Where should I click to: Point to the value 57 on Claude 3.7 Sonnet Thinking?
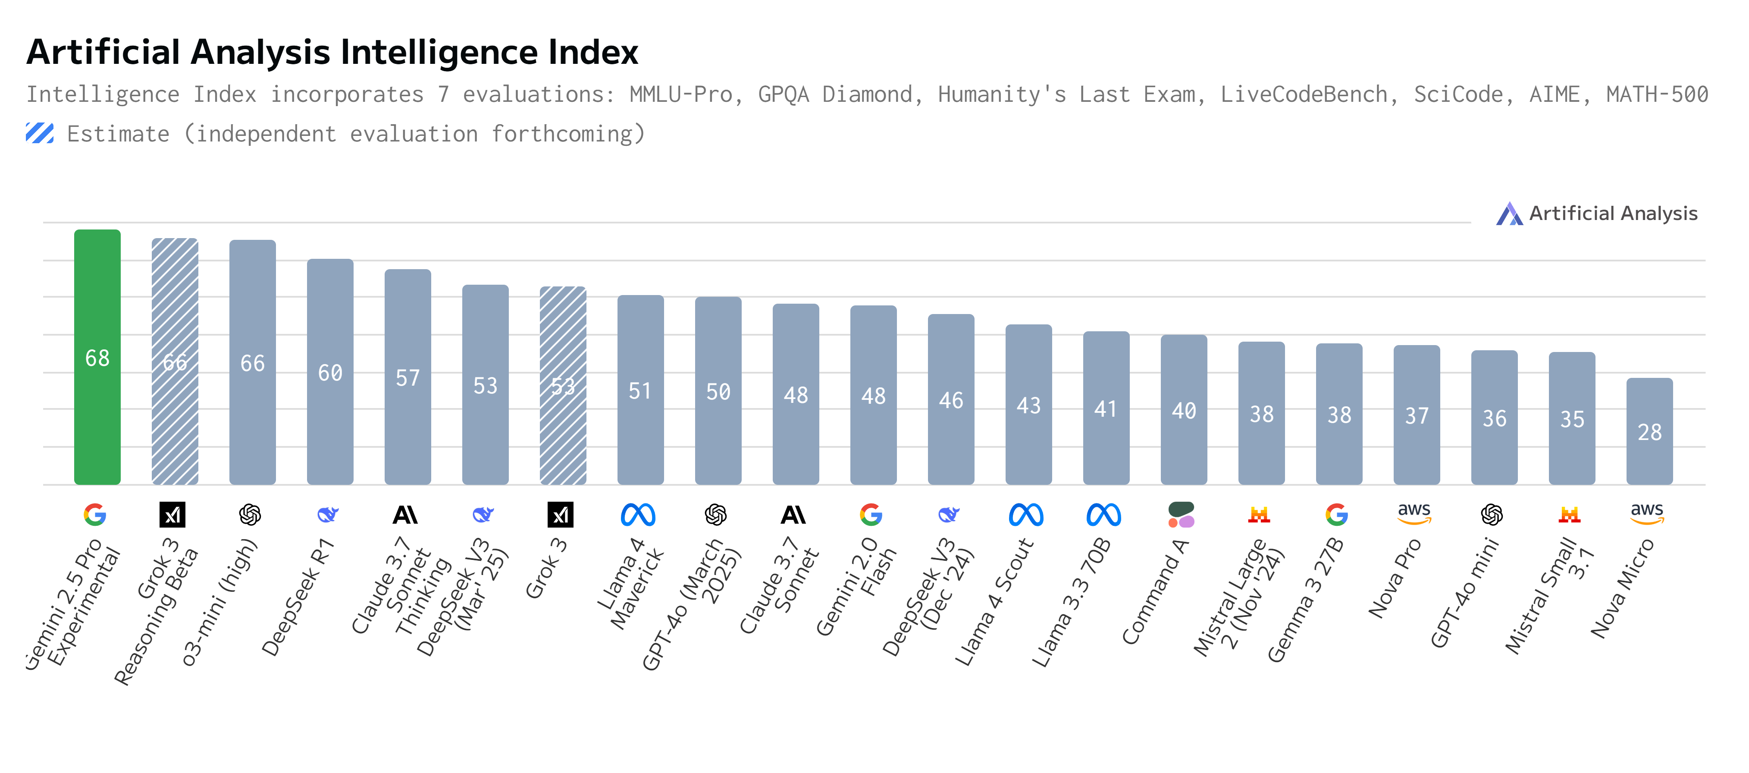pos(407,378)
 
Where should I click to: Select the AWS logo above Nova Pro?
pos(1414,513)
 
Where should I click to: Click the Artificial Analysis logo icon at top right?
pos(1509,214)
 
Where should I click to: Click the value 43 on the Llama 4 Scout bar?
pos(1028,405)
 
